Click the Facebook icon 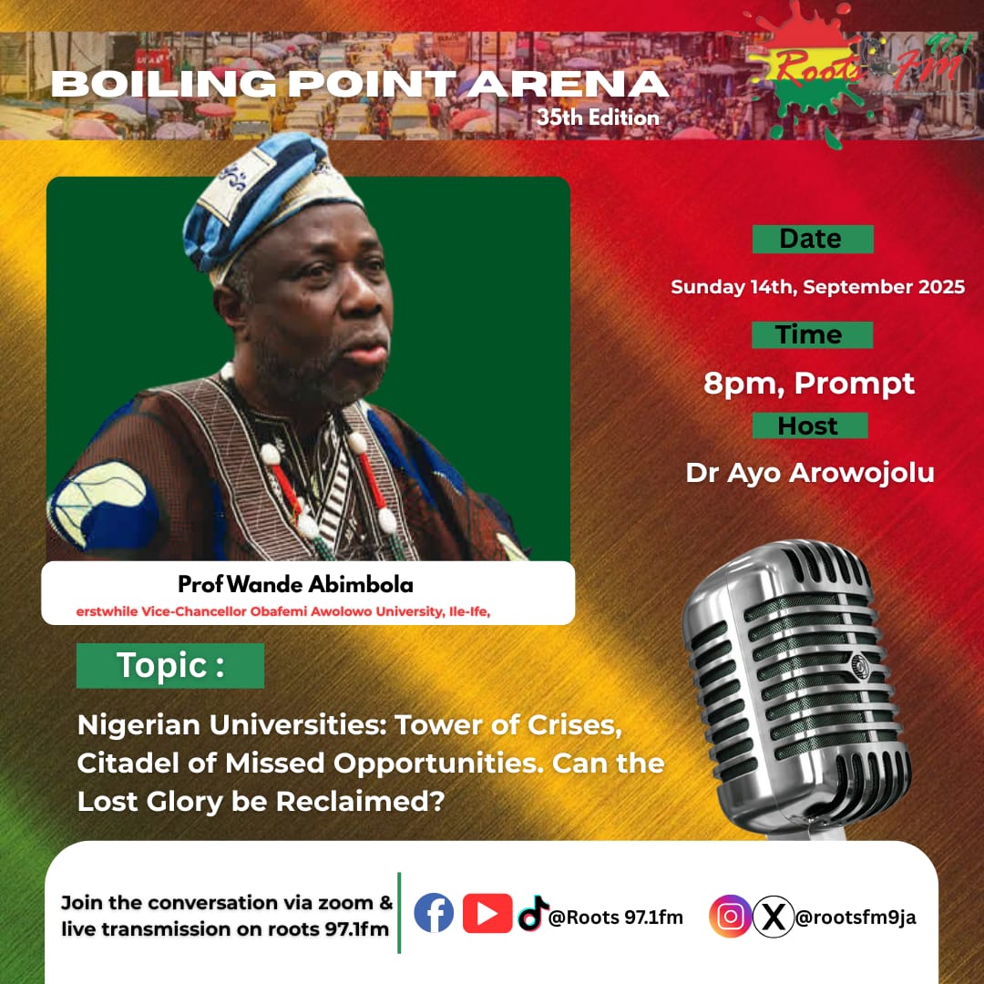[434, 913]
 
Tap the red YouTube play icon [487, 913]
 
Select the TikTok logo [532, 913]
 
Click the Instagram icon [730, 917]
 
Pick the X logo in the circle [774, 917]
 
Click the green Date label [813, 239]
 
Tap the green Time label [812, 334]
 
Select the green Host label [810, 425]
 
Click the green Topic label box [170, 666]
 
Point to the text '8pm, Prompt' [809, 383]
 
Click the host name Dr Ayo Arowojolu [810, 473]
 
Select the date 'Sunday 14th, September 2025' [817, 287]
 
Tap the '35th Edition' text [598, 118]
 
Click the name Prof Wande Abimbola [295, 584]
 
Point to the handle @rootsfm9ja [856, 917]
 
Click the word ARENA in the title [568, 84]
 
